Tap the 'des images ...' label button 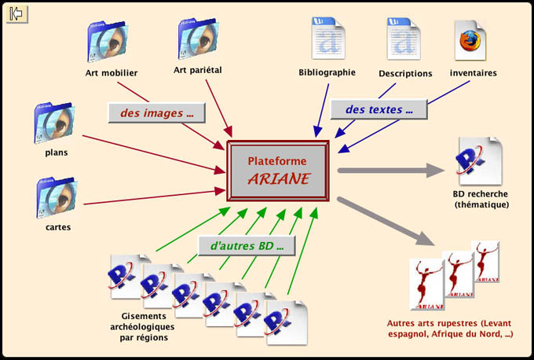point(156,113)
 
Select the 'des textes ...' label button point(379,109)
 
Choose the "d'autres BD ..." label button point(246,245)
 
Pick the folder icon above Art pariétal point(198,39)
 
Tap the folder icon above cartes point(55,197)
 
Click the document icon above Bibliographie point(327,41)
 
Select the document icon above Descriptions point(405,41)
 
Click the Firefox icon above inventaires point(472,41)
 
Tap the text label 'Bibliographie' point(327,72)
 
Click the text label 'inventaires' point(473,73)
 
